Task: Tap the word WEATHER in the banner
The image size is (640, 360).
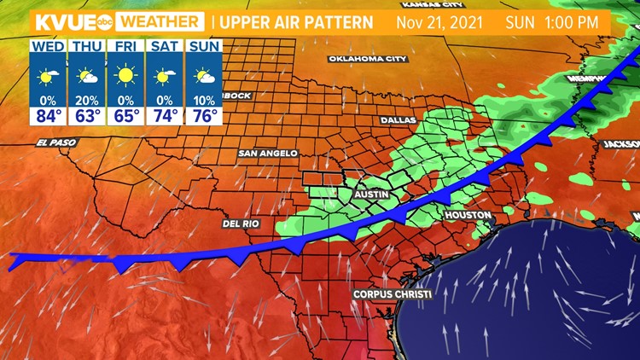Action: click(x=160, y=21)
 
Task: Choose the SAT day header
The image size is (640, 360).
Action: click(x=166, y=46)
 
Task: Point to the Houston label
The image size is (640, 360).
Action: click(x=468, y=215)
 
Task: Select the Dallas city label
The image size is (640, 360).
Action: click(x=398, y=121)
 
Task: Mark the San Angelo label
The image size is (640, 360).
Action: click(x=268, y=154)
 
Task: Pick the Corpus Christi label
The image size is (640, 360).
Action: click(x=393, y=294)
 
